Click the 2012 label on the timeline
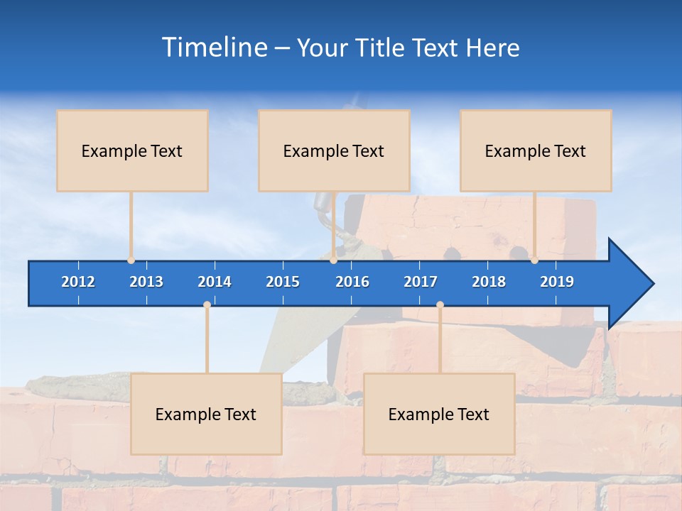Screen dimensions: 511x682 click(78, 282)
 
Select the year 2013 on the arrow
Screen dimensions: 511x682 click(146, 282)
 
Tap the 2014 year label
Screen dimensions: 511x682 click(215, 282)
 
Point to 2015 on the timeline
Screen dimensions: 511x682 click(283, 282)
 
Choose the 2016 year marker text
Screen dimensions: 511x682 click(352, 282)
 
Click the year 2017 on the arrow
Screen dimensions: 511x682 click(421, 282)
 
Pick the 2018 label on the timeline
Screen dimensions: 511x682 click(489, 282)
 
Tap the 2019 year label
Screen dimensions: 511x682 click(557, 282)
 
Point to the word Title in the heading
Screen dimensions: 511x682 click(381, 48)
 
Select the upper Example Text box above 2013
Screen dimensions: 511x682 click(132, 150)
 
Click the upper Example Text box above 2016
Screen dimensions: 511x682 click(334, 150)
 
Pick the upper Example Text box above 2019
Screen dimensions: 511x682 click(536, 150)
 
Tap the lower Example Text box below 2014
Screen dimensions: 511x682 click(206, 414)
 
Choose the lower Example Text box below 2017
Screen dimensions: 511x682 click(439, 414)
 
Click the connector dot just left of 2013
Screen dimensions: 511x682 click(131, 260)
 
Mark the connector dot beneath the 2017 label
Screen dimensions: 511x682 click(440, 305)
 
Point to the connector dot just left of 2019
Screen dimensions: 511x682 click(534, 260)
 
